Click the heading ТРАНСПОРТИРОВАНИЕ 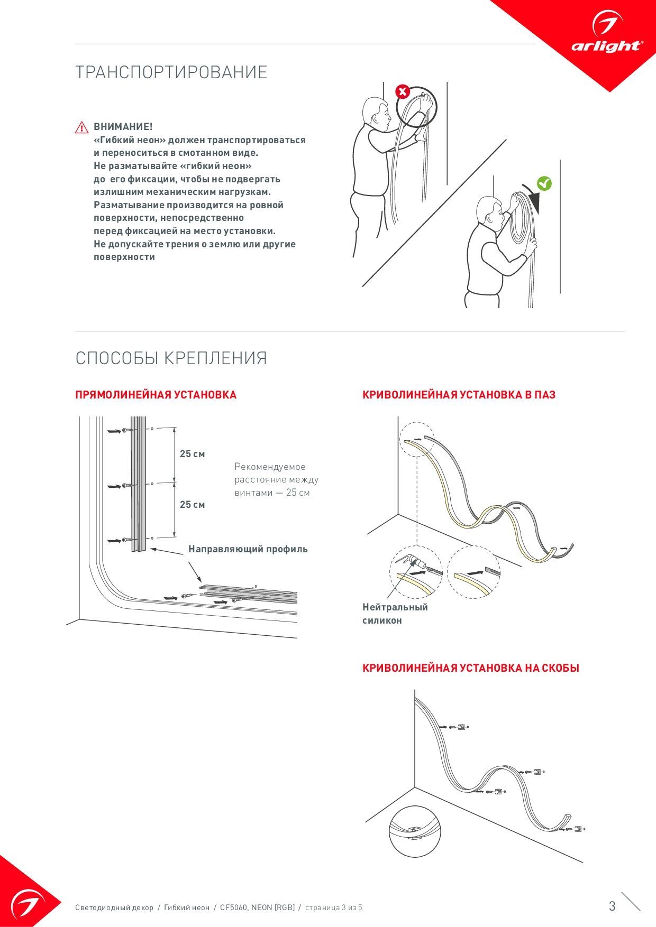click(171, 72)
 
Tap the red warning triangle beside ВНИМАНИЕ click(81, 127)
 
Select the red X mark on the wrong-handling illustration click(403, 92)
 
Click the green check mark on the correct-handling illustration click(544, 183)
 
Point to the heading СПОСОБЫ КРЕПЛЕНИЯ click(171, 358)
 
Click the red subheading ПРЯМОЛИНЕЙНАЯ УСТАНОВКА click(156, 395)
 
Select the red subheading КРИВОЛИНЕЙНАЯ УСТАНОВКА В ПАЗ click(459, 395)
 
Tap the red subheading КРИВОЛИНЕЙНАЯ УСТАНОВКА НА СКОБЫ click(470, 668)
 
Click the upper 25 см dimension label click(192, 454)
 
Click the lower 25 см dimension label click(192, 505)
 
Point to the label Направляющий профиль click(248, 549)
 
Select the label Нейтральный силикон click(395, 614)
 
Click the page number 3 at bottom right click(612, 906)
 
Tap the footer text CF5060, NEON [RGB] click(257, 907)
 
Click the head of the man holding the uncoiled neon click(375, 112)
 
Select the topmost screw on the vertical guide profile click(126, 431)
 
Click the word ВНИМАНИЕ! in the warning click(123, 127)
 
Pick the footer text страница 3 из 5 click(334, 907)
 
